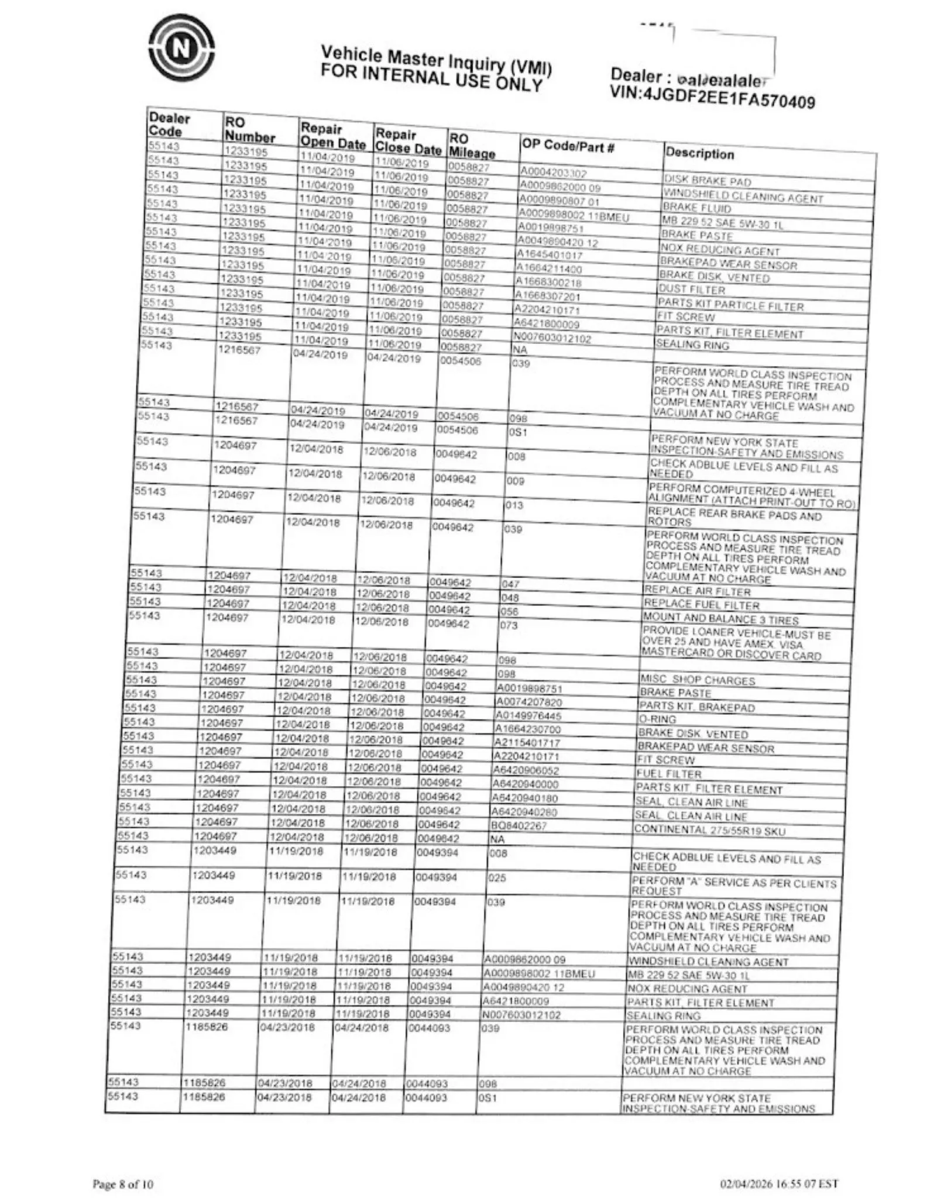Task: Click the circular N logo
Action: click(x=181, y=48)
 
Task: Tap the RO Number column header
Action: click(x=249, y=130)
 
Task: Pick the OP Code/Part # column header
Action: click(x=567, y=146)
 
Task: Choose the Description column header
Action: click(x=699, y=154)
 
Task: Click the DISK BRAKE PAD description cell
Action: click(x=707, y=181)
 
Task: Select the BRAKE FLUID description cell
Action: click(x=696, y=208)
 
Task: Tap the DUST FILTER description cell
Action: click(x=692, y=290)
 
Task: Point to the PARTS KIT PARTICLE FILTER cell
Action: click(x=730, y=304)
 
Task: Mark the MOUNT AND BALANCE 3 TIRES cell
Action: click(x=720, y=619)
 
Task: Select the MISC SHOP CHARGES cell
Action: click(x=698, y=680)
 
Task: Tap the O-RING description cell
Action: click(x=657, y=720)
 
